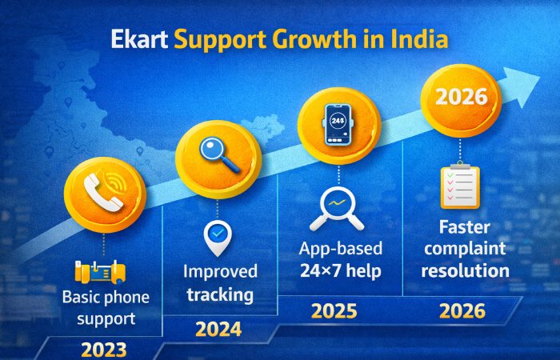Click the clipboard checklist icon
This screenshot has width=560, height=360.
pyautogui.click(x=459, y=186)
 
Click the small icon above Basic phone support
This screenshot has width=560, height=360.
pyautogui.click(x=100, y=272)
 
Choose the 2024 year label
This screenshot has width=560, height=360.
pyautogui.click(x=218, y=328)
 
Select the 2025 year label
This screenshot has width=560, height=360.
pyautogui.click(x=334, y=310)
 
